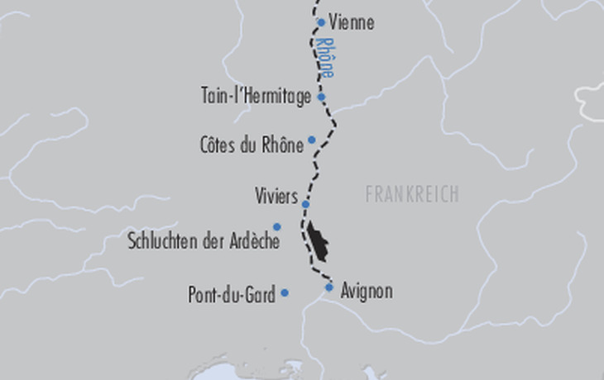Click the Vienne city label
pos(352,23)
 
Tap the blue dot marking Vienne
pos(321,22)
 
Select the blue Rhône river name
pos(325,57)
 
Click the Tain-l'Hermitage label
pos(256,96)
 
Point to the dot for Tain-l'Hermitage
pos(321,97)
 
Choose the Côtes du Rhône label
pos(251,145)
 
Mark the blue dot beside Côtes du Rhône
pos(312,140)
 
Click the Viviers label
pos(276,197)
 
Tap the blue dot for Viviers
pos(305,204)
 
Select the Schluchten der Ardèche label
pos(204,242)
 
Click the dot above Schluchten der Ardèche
pos(277,226)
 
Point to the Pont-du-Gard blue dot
pos(285,292)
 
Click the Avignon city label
pos(367,291)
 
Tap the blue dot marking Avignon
pos(329,287)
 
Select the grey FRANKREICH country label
pos(411,194)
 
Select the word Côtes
pos(218,145)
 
